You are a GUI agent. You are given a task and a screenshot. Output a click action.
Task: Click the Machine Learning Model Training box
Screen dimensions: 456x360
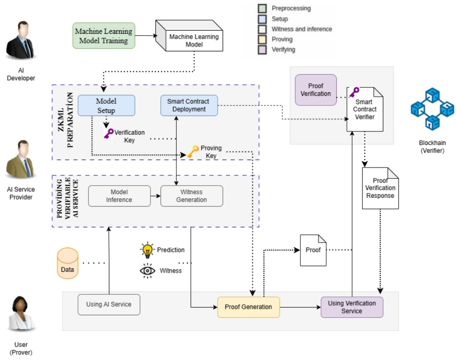tap(104, 36)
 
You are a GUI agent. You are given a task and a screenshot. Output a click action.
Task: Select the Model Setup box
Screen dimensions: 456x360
tap(106, 106)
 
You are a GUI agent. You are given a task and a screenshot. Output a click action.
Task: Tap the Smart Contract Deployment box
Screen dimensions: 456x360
tap(189, 106)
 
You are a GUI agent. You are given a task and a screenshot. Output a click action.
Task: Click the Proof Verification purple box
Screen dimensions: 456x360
tap(316, 90)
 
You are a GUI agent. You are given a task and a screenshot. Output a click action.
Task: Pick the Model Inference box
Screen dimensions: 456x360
tap(119, 196)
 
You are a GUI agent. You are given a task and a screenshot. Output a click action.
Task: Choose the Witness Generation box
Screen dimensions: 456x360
tap(192, 196)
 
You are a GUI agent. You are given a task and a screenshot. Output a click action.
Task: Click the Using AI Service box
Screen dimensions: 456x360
tap(109, 304)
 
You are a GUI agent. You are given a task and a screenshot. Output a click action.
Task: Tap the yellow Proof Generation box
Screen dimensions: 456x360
tap(249, 307)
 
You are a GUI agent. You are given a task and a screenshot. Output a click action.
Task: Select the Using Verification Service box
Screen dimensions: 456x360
tap(352, 307)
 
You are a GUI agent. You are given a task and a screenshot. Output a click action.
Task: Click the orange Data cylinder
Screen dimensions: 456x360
tap(68, 263)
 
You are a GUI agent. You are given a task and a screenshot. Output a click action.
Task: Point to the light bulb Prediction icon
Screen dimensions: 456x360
tap(148, 250)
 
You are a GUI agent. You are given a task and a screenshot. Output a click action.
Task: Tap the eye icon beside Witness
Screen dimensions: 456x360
tap(148, 271)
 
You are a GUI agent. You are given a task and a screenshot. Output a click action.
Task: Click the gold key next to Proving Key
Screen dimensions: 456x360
tap(193, 151)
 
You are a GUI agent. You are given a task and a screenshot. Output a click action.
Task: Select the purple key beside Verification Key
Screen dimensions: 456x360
tap(108, 134)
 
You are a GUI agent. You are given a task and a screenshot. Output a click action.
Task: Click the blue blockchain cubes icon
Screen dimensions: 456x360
tap(433, 109)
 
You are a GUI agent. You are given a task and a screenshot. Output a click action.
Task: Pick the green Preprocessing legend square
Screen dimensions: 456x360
tap(262, 9)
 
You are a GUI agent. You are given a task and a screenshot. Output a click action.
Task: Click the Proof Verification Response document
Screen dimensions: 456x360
tap(380, 188)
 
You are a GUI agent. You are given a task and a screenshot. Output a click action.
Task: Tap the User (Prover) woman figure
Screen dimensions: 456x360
tap(21, 314)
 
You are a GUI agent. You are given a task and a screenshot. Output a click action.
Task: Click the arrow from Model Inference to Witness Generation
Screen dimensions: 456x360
tap(156, 196)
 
